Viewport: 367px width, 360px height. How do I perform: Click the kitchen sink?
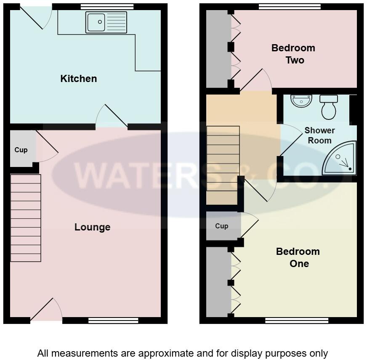click(x=106, y=22)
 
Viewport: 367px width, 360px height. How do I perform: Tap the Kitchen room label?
click(x=79, y=79)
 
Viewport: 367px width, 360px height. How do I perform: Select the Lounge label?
click(x=92, y=227)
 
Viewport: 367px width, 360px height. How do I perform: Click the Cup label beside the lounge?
click(x=21, y=150)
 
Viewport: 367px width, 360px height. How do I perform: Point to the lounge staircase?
click(x=26, y=218)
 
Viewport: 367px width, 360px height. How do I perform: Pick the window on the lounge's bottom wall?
click(x=113, y=320)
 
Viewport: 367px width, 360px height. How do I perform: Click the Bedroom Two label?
click(x=293, y=54)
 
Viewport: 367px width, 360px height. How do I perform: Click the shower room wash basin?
click(x=301, y=101)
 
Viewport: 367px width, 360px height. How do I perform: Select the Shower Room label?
click(x=319, y=135)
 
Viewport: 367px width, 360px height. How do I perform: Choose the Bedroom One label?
click(x=298, y=257)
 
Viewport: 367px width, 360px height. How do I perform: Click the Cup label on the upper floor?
click(x=221, y=226)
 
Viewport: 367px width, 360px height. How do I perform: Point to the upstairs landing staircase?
click(x=223, y=165)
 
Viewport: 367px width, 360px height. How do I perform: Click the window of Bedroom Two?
click(x=290, y=6)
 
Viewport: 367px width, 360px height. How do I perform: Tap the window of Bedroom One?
click(x=297, y=320)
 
